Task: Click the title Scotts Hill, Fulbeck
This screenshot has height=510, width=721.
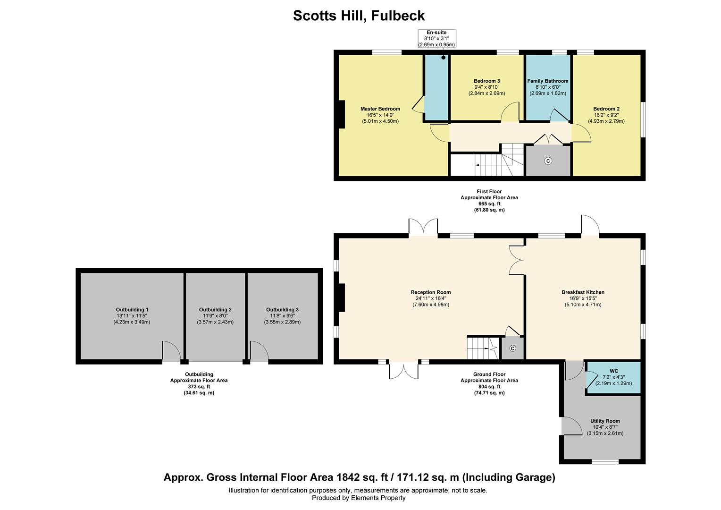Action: point(359,16)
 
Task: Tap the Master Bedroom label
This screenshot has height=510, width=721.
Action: point(380,109)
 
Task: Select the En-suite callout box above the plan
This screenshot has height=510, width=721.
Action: point(436,38)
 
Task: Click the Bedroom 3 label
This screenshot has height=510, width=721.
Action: point(486,81)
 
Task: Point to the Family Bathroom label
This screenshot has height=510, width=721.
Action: point(547,81)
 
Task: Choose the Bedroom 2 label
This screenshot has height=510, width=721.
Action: point(606,109)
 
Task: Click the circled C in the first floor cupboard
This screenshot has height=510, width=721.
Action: point(548,161)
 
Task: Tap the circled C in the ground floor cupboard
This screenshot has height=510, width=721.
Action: point(513,349)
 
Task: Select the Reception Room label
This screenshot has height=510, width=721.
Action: point(430,292)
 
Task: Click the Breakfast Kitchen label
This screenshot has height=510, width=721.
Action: point(583,292)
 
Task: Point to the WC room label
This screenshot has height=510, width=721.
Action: point(613,371)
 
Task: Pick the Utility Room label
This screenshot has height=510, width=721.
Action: point(605,421)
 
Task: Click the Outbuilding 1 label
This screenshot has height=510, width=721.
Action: point(132,310)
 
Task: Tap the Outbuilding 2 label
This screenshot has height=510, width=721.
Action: point(215,310)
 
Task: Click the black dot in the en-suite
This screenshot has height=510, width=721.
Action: point(443,58)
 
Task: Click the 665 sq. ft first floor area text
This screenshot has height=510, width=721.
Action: point(489,204)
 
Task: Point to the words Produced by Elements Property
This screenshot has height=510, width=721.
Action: point(359,498)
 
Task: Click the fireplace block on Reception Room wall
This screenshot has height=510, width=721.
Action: point(341,297)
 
